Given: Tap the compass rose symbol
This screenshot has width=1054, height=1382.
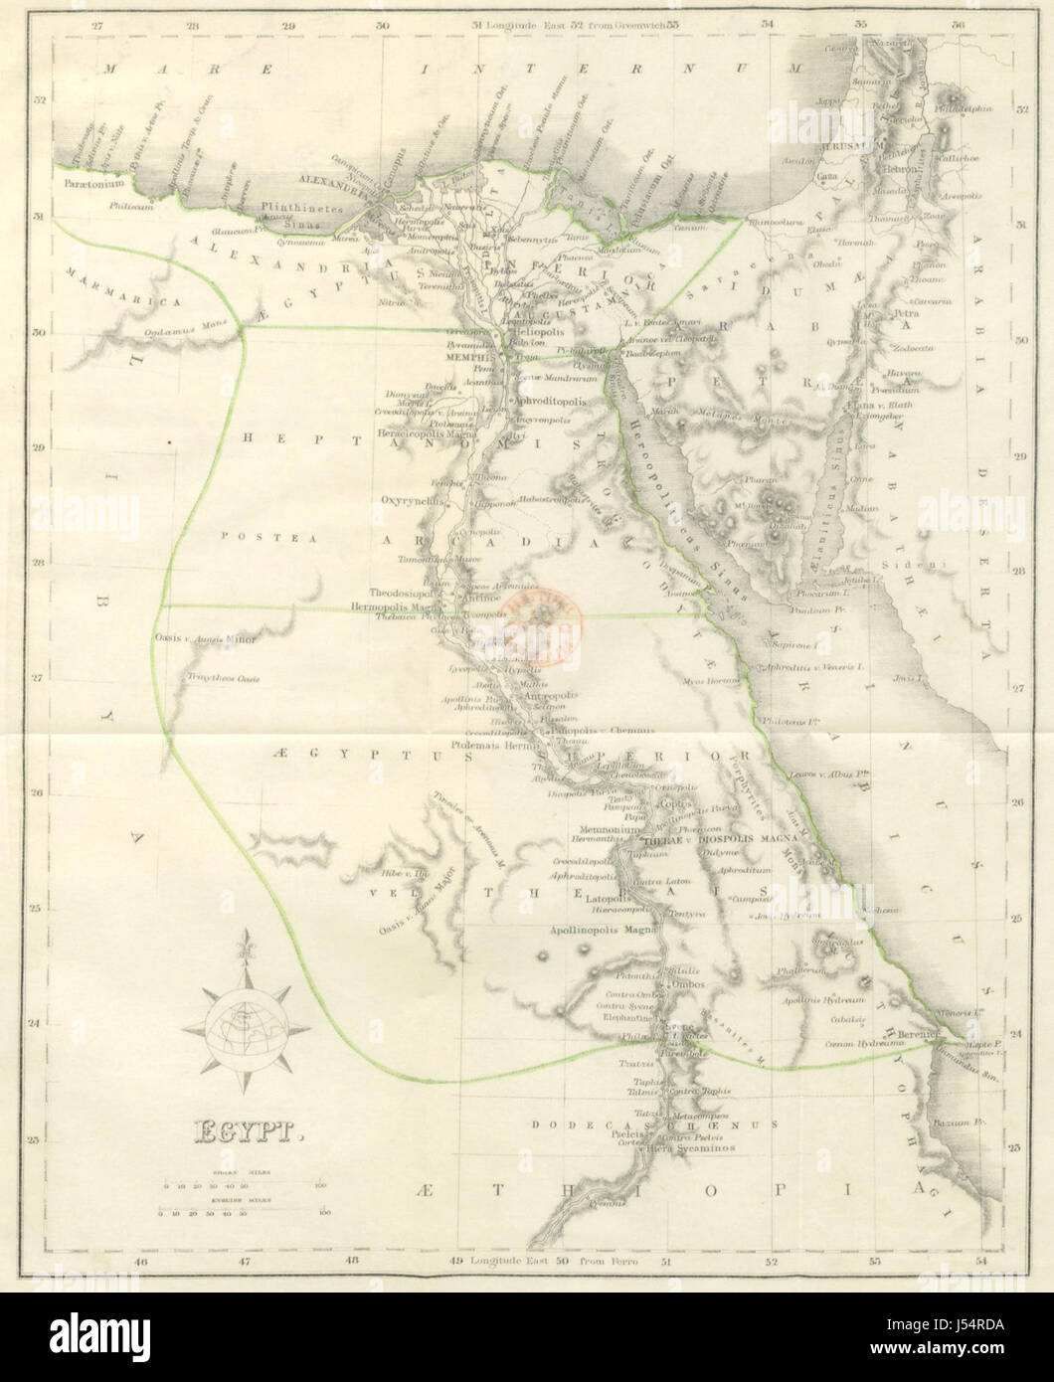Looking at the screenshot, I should point(245,1018).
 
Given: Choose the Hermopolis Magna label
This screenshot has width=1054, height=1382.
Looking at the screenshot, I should point(402,605).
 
